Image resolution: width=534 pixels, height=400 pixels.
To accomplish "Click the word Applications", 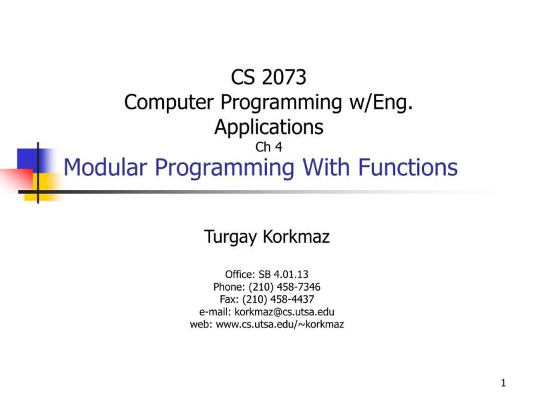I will [269, 126].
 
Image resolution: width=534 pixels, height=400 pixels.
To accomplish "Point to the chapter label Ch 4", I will [269, 147].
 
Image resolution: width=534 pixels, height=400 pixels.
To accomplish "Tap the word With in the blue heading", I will [324, 167].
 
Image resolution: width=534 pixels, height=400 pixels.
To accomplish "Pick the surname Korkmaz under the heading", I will [298, 236].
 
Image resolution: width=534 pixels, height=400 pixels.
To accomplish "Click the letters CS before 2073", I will [244, 78].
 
